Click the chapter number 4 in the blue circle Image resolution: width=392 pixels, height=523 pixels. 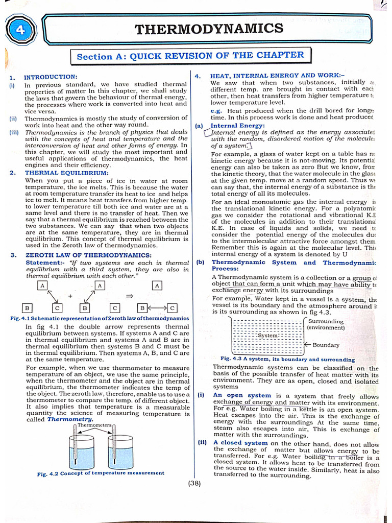point(20,30)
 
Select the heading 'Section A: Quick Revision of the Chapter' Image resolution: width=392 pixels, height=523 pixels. point(190,56)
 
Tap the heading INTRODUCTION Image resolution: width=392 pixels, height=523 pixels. point(51,77)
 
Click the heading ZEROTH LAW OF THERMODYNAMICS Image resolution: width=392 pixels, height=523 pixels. point(88,255)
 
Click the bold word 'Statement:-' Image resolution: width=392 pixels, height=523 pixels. point(44,263)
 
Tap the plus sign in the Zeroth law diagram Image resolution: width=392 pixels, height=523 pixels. point(70,296)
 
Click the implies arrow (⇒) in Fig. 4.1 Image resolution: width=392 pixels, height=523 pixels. point(130,296)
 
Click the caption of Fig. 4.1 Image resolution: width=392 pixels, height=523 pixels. point(100,318)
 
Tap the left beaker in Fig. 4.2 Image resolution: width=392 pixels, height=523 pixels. point(82,451)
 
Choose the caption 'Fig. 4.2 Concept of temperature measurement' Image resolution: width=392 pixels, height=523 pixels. point(101,473)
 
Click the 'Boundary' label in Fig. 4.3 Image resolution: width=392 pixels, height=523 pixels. point(326,345)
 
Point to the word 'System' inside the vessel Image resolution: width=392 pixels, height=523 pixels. point(267,336)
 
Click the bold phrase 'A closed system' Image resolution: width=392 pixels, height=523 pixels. point(240,443)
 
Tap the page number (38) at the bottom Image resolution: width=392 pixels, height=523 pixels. point(194,483)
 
